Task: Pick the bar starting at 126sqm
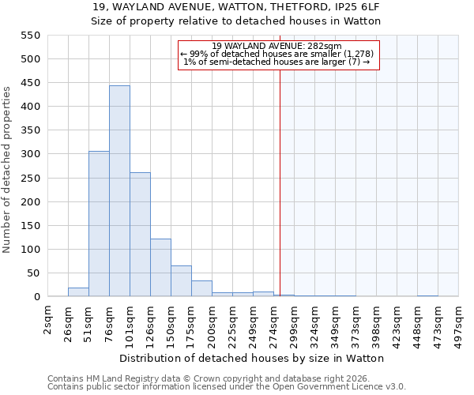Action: (x=160, y=268)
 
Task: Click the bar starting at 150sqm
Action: (x=181, y=281)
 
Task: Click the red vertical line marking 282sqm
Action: (x=280, y=197)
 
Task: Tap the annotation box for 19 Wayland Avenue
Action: (x=279, y=55)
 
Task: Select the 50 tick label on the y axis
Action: (x=34, y=273)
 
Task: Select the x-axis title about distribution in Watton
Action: (x=253, y=358)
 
